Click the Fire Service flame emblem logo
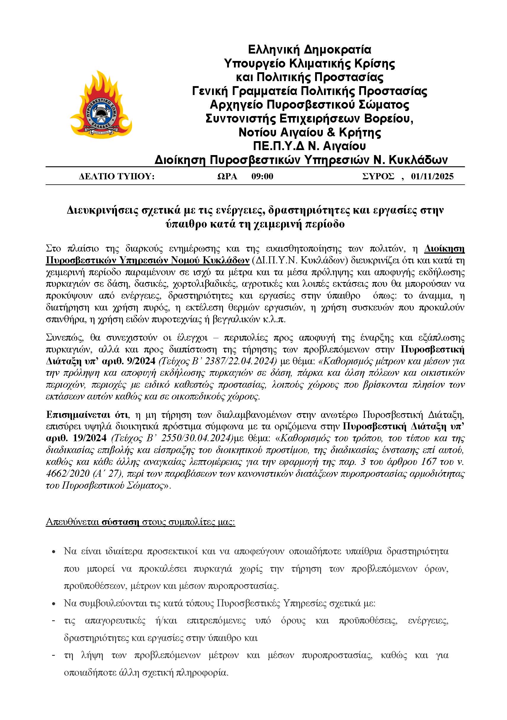[x=101, y=104]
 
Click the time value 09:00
[x=262, y=177]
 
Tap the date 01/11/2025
[x=432, y=177]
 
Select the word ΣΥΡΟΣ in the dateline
[x=378, y=177]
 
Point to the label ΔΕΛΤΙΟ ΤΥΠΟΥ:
[x=117, y=177]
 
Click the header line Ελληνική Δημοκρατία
[x=309, y=49]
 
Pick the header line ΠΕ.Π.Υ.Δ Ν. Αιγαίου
[x=309, y=146]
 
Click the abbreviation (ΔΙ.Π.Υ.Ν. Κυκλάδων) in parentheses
[x=300, y=261]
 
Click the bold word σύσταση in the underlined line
[x=120, y=522]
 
